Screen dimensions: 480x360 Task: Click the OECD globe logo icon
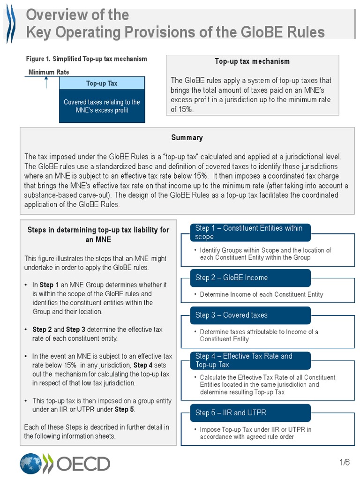(30, 463)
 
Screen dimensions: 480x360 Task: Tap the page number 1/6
(345, 463)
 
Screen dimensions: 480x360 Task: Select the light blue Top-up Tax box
(102, 83)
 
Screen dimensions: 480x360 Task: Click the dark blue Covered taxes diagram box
(102, 106)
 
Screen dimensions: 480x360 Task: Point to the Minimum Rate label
(49, 72)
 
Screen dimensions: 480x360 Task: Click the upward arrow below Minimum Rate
(46, 82)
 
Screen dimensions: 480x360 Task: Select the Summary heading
(187, 137)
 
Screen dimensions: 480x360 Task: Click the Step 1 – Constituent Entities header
(250, 232)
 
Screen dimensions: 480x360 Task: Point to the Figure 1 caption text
(86, 59)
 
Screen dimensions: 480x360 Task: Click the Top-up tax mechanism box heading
(252, 61)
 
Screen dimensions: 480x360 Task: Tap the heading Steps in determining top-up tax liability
(98, 234)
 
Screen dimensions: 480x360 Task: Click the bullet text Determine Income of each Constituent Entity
(261, 294)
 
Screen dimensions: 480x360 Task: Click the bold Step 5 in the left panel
(124, 409)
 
